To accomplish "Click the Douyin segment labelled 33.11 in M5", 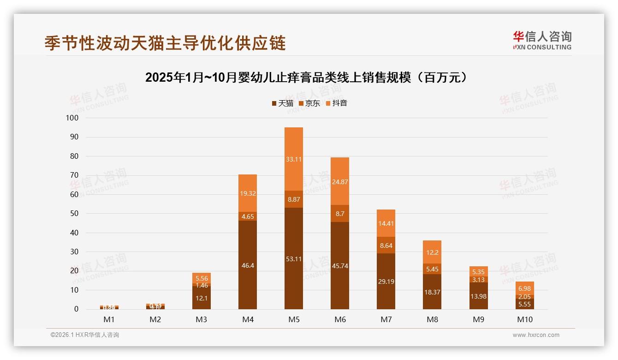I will tap(294, 159).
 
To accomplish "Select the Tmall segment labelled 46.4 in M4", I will tap(248, 265).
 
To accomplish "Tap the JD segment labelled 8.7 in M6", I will tap(340, 214).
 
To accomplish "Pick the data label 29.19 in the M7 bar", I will tap(386, 282).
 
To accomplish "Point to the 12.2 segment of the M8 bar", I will tap(432, 252).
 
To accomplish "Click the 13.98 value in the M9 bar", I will tap(478, 296).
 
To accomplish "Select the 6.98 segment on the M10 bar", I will tap(524, 288).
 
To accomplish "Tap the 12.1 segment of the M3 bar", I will tap(202, 298).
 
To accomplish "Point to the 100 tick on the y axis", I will tap(72, 118).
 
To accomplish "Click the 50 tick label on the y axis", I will tap(74, 214).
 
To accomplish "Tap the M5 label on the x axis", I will tap(294, 319).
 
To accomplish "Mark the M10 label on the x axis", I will tap(524, 319).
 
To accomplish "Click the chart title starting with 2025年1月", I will tap(309, 78).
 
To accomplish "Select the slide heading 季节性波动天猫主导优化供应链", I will tap(165, 43).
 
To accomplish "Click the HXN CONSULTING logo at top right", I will tap(542, 40).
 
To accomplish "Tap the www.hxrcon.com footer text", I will tap(536, 335).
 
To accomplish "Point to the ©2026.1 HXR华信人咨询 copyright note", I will tap(85, 335).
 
